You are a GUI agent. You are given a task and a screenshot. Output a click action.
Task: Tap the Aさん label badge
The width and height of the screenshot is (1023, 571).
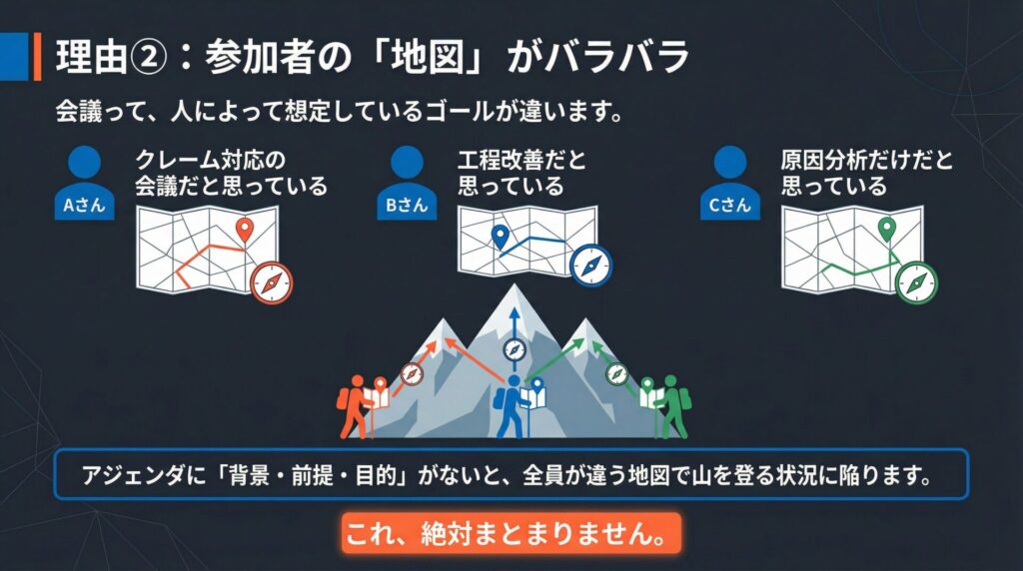[x=85, y=205]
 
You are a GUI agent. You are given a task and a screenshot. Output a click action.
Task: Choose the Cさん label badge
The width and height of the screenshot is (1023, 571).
[x=729, y=205]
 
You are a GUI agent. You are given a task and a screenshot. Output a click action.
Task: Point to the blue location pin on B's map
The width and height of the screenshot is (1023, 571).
[x=501, y=236]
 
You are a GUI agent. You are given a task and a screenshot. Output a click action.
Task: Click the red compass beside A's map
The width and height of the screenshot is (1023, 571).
[x=271, y=283]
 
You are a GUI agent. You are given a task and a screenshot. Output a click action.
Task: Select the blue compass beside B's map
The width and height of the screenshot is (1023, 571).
[x=591, y=267]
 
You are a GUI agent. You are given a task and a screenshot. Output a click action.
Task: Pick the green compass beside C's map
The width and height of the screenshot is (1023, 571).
[x=916, y=282]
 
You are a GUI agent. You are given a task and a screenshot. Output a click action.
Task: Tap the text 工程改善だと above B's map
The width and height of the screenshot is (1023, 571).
[x=522, y=160]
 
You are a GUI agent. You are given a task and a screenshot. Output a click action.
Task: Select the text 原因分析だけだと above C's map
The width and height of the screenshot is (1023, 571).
[x=867, y=160]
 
